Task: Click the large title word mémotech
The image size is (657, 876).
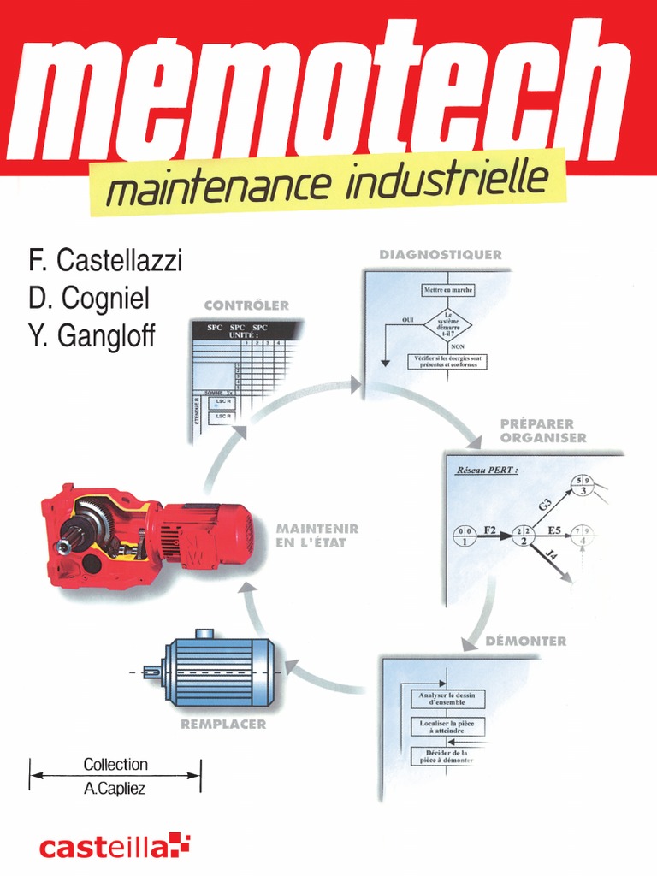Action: (328, 94)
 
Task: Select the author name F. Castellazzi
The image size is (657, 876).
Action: (105, 260)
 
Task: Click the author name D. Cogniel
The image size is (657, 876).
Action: (89, 298)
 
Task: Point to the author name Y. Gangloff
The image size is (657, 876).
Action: (92, 336)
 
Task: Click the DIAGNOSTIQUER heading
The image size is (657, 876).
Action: (441, 255)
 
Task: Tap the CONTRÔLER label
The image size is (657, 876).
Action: (246, 305)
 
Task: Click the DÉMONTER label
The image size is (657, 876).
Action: (525, 641)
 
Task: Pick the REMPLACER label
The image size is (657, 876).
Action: (223, 724)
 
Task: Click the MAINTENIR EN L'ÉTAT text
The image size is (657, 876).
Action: (317, 536)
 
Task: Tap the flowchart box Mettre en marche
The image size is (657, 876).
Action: (447, 290)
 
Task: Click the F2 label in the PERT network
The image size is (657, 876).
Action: (490, 530)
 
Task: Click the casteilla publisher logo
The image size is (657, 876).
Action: (115, 847)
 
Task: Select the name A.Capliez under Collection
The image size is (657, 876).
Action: (115, 789)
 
